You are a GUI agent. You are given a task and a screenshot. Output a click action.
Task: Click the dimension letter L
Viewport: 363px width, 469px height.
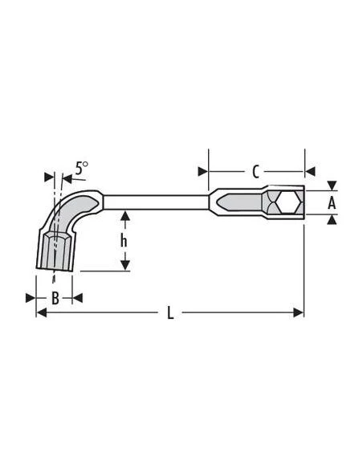click(x=170, y=313)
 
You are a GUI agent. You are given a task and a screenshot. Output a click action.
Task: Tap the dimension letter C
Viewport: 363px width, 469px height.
click(x=255, y=172)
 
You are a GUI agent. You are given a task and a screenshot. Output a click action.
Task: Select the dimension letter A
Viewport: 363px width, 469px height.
click(x=332, y=203)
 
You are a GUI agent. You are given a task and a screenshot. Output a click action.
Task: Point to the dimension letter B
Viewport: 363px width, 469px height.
click(x=55, y=298)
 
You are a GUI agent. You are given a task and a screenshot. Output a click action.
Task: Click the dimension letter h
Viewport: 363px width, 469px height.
click(x=124, y=241)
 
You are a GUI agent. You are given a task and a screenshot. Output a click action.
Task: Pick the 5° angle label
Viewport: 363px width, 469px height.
click(x=81, y=168)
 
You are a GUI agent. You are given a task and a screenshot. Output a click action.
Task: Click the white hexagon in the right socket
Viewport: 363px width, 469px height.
click(x=288, y=202)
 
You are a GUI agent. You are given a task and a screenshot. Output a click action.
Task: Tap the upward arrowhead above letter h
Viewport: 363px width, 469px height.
click(x=125, y=216)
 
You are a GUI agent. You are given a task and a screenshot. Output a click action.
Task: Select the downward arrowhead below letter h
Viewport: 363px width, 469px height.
click(x=125, y=265)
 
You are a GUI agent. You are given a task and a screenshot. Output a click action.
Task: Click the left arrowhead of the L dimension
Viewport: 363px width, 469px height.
click(x=41, y=312)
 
